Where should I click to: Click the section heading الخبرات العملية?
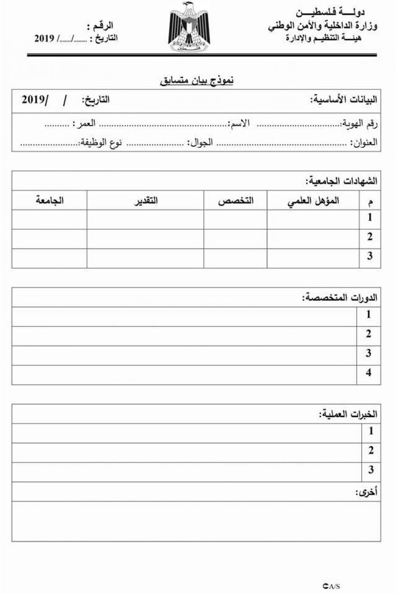click(348, 414)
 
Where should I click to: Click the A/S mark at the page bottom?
click(331, 586)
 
